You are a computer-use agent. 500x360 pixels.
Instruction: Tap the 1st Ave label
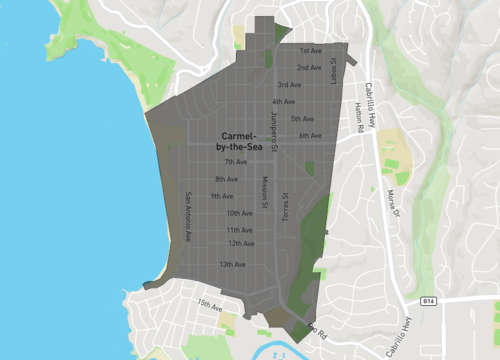coord(310,49)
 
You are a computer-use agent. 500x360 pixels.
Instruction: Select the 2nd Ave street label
coord(308,67)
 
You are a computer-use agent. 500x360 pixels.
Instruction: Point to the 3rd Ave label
coord(290,84)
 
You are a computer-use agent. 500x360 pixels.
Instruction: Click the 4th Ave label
coord(283,101)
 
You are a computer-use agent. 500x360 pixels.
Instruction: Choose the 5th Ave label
coord(302,118)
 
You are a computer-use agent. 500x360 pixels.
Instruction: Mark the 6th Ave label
coord(310,136)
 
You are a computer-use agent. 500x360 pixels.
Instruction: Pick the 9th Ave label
coord(221,196)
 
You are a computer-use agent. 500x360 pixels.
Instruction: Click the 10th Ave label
coord(239,213)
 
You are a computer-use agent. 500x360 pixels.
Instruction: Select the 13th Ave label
coord(232,264)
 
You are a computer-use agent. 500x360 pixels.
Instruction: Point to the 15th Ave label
coord(209,305)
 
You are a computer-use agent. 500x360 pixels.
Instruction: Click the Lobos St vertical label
coord(334,69)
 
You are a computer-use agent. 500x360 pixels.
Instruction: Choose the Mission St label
coord(265,193)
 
